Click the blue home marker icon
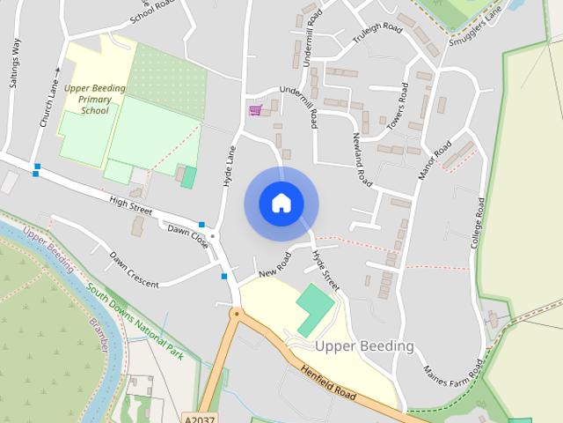click(x=281, y=203)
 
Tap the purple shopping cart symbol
click(x=255, y=109)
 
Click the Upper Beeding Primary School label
click(x=95, y=100)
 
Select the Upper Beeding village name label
click(x=363, y=346)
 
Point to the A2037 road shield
click(x=201, y=417)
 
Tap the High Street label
click(x=131, y=207)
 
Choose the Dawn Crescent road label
click(x=134, y=271)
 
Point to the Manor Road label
click(x=435, y=160)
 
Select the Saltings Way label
click(x=15, y=66)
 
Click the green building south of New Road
click(x=315, y=308)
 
